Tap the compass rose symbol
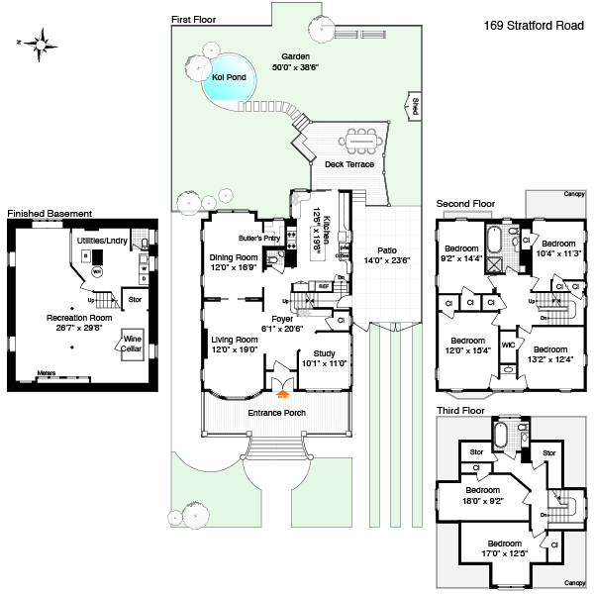[43, 43]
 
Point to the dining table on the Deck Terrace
[363, 141]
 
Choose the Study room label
[324, 353]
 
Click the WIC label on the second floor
[507, 346]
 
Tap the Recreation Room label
[78, 317]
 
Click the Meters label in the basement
[46, 373]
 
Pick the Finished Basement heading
[49, 213]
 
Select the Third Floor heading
[460, 409]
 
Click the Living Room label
[234, 340]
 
